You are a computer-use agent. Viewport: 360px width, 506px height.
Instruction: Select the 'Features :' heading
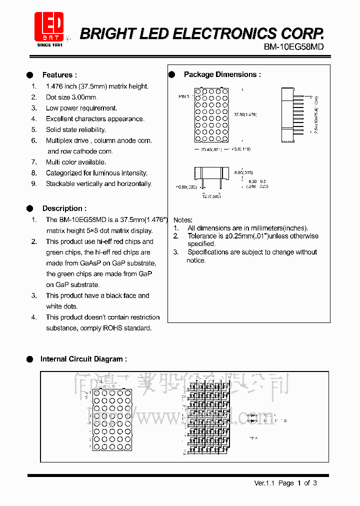coord(59,75)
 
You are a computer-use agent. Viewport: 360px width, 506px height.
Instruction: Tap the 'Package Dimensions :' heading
coord(222,74)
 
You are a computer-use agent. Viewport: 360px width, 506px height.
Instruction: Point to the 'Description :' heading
coord(64,208)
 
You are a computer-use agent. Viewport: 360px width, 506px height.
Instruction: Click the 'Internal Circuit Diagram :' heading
coord(83,359)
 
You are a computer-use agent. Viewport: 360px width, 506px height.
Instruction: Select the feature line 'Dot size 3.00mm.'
coord(71,97)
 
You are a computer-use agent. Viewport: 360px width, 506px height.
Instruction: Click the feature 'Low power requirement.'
coord(81,108)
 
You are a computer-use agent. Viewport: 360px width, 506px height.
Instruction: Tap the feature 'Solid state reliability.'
coord(75,130)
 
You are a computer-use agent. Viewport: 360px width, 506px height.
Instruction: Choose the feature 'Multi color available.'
coord(75,162)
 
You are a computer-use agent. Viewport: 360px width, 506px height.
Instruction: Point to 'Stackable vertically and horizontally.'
coord(98,184)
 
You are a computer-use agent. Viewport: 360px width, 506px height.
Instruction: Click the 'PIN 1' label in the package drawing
coord(184,96)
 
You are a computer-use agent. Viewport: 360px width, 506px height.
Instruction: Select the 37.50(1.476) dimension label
coord(245,115)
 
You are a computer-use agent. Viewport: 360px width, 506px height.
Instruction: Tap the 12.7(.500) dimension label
coord(211,196)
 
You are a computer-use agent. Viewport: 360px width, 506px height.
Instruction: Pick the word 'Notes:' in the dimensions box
coord(182,220)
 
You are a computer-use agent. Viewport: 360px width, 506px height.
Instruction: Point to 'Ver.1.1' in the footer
coord(265,483)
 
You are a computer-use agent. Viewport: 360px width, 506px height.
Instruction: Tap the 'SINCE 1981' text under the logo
coord(50,45)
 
